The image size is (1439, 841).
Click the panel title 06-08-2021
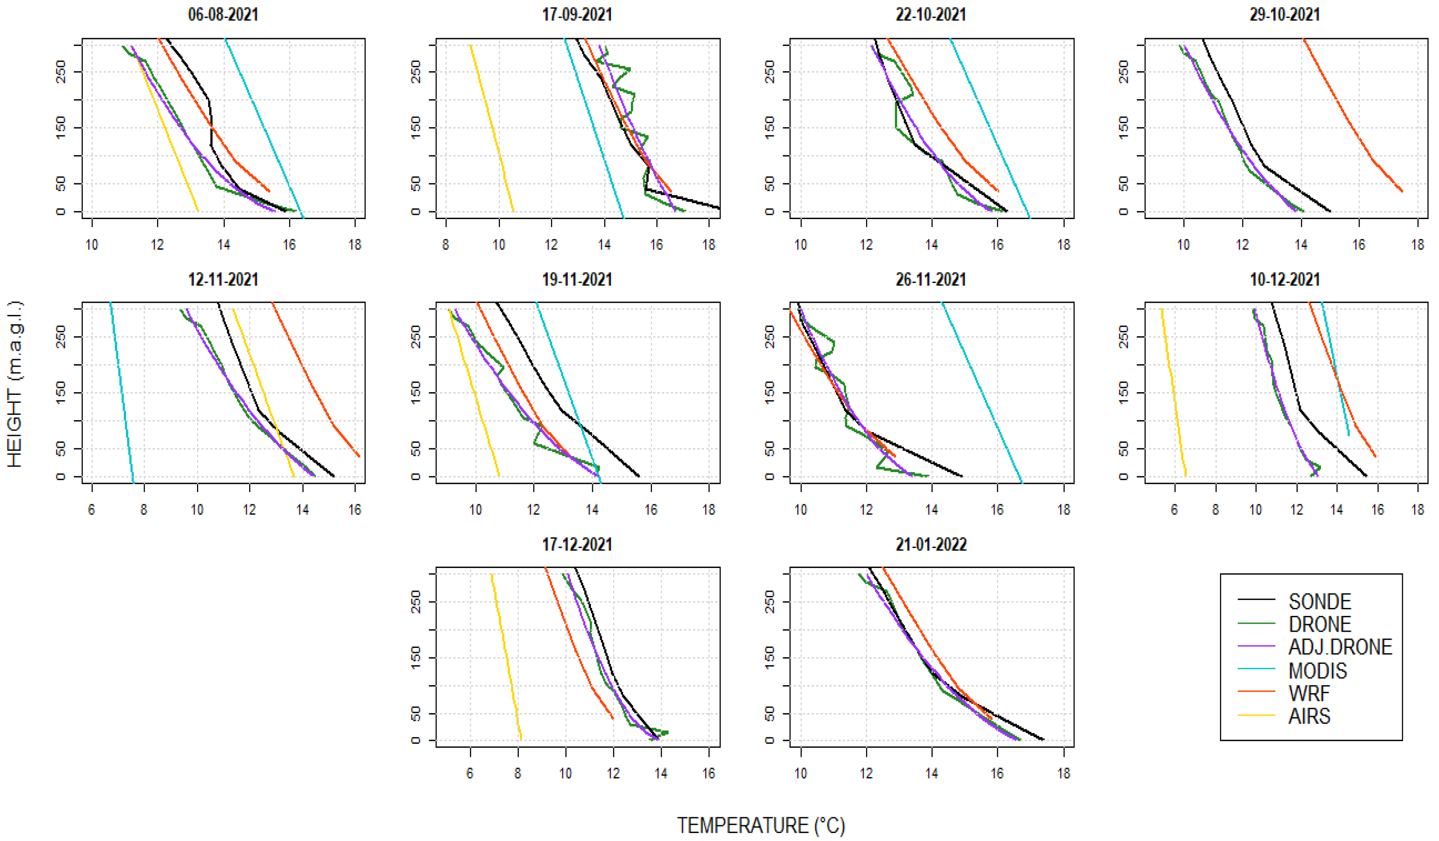click(223, 14)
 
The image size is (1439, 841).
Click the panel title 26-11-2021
click(931, 280)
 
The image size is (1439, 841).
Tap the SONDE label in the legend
click(1319, 601)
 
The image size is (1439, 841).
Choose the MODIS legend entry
click(1317, 670)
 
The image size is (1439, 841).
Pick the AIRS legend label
click(1309, 716)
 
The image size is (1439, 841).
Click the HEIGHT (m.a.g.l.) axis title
click(15, 384)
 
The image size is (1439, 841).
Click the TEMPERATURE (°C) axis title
click(761, 826)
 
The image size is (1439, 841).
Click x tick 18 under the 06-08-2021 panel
click(355, 245)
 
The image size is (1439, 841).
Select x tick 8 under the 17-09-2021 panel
click(445, 245)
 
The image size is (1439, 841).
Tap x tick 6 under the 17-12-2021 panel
click(470, 774)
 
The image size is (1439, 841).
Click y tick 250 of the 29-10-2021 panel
click(1123, 72)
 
